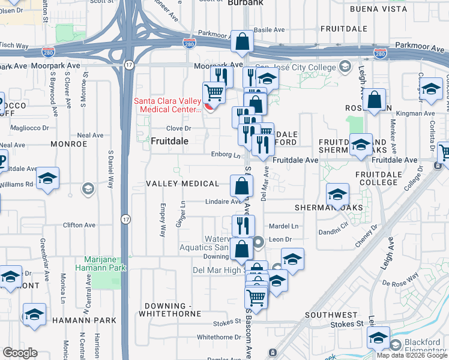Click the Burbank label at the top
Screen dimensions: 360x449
(246, 3)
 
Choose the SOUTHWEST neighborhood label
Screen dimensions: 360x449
(331, 314)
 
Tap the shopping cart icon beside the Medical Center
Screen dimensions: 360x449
(213, 93)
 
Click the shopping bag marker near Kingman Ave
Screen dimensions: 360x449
(374, 101)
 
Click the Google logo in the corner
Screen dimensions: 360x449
(20, 353)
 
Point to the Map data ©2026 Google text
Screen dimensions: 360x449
(412, 355)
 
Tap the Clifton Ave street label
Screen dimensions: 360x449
(79, 226)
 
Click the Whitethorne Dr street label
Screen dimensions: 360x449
(219, 337)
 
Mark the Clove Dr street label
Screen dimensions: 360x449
(178, 128)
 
